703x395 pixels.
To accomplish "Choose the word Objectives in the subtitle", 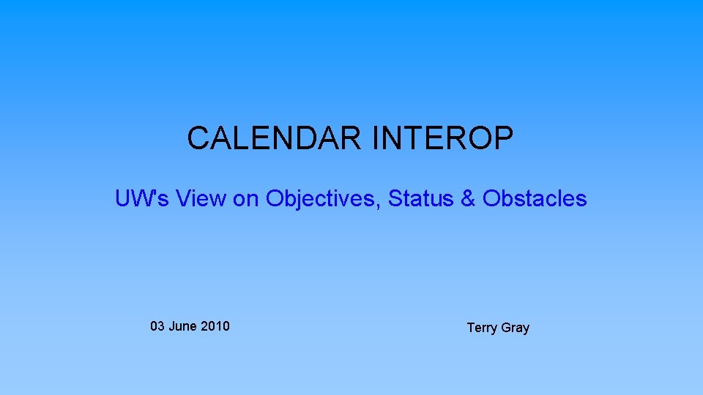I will [x=323, y=198].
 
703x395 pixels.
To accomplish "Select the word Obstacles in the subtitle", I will [x=535, y=198].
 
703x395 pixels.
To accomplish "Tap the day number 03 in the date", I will [x=157, y=326].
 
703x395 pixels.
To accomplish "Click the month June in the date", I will [x=182, y=326].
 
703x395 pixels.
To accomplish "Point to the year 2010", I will [x=215, y=326].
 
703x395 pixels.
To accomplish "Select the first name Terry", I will [x=482, y=328].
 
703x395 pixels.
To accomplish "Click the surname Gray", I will [x=516, y=328].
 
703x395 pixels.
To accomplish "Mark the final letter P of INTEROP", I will [x=504, y=138].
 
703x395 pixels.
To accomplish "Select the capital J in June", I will [x=171, y=326].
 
